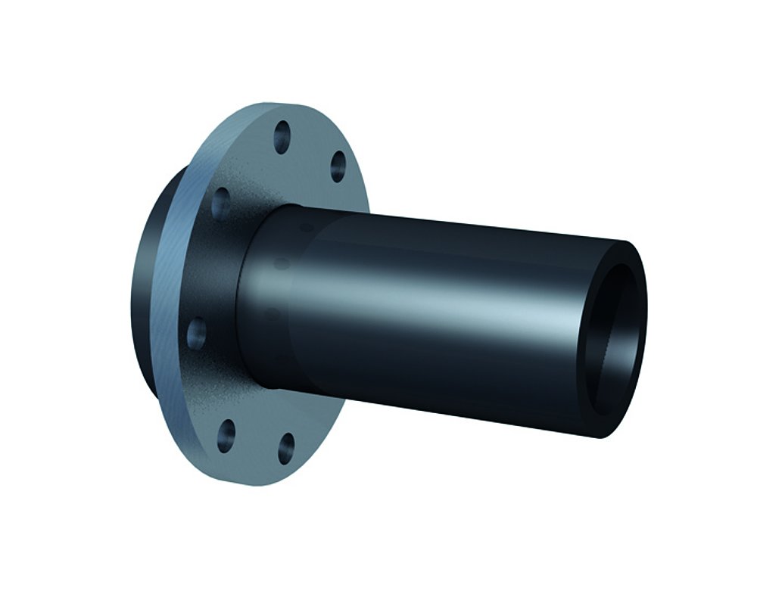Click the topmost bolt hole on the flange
282,137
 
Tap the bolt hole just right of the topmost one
338,166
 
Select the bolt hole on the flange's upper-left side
220,201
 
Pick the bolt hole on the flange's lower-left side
197,331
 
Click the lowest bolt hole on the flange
285,447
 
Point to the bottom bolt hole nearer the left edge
226,435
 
